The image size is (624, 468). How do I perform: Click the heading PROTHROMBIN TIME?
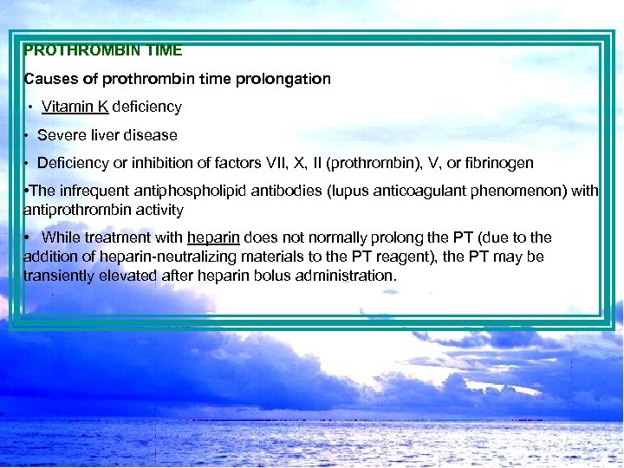[103, 51]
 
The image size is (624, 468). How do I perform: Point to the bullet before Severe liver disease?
[28, 135]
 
